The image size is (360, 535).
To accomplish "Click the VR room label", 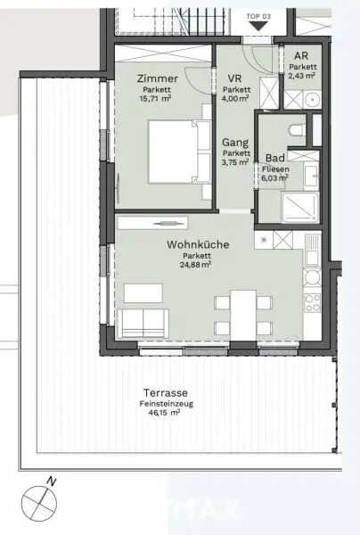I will [235, 78].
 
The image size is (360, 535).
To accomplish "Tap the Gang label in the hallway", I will [235, 140].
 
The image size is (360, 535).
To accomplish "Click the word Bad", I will [274, 156].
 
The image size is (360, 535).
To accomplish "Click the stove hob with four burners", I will [313, 307].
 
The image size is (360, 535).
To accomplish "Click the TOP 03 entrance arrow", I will [258, 26].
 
